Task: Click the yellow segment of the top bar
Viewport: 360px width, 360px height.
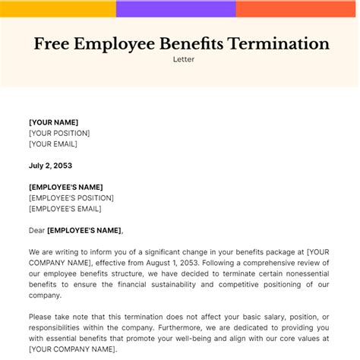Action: pyautogui.click(x=58, y=9)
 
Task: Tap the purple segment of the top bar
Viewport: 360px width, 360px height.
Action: pyautogui.click(x=175, y=9)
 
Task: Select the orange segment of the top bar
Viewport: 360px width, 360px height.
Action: pyautogui.click(x=298, y=9)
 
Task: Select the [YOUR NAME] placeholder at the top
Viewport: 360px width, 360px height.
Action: pyautogui.click(x=53, y=122)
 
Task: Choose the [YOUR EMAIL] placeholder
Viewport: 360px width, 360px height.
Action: pyautogui.click(x=58, y=144)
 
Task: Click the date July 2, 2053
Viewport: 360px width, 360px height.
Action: pyautogui.click(x=50, y=166)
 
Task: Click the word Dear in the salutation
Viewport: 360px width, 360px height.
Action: pyautogui.click(x=36, y=230)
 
